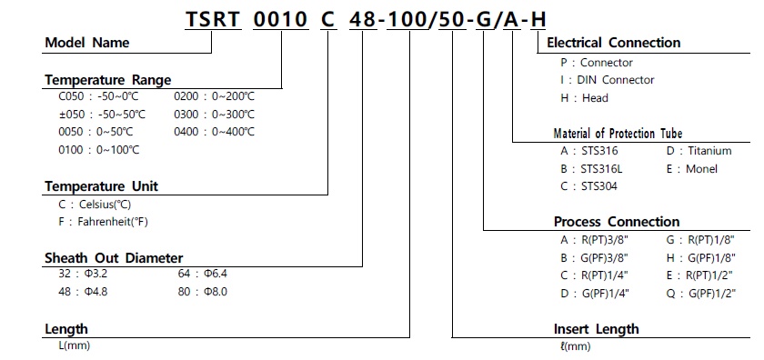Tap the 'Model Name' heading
(x=87, y=43)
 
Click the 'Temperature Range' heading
(x=107, y=80)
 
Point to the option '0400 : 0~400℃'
(x=214, y=132)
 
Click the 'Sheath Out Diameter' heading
(x=114, y=257)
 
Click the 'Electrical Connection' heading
(x=613, y=43)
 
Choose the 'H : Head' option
(x=584, y=97)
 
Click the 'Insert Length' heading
(x=596, y=328)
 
